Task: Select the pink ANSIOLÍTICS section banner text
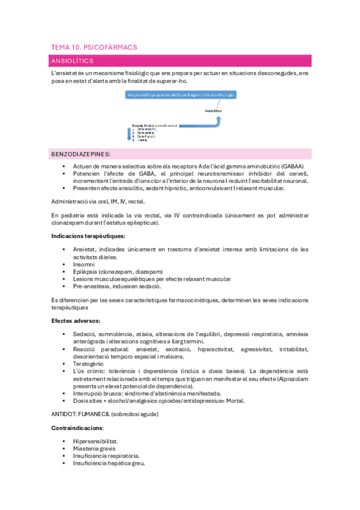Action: click(71, 61)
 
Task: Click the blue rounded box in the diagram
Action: click(180, 94)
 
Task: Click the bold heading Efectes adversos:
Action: click(76, 320)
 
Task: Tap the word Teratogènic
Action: click(88, 363)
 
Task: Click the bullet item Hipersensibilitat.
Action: click(96, 441)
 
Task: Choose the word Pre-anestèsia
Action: click(91, 286)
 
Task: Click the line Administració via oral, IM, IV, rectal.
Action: click(98, 201)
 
